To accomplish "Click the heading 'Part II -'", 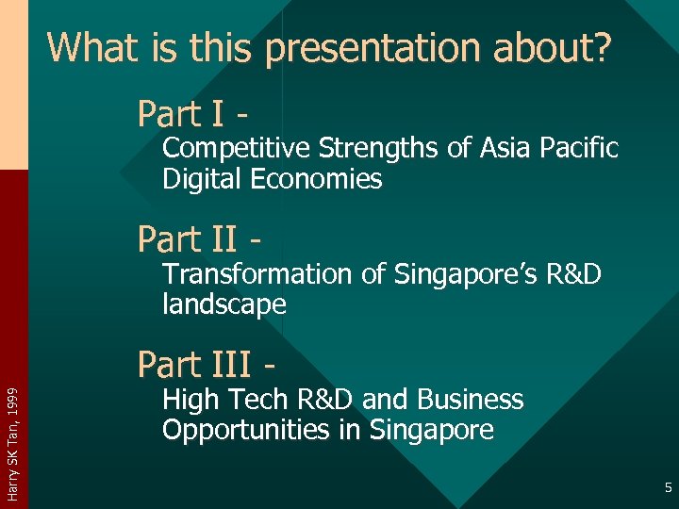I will tap(199, 239).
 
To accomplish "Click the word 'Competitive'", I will tap(237, 149).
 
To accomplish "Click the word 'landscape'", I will tap(224, 304).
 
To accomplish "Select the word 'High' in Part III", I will tap(189, 400).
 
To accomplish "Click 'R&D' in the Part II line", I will tap(570, 274).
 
